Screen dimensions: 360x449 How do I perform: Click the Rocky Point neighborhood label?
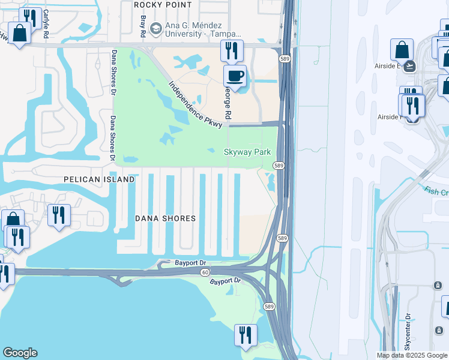(163, 5)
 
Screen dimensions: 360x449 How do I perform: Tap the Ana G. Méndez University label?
(200, 29)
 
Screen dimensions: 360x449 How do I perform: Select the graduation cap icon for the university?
(156, 28)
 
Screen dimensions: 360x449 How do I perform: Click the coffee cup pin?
(235, 76)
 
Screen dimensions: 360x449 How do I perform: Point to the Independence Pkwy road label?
(196, 104)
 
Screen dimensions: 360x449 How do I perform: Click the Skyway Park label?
(247, 152)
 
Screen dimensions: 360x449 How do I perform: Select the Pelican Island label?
(100, 179)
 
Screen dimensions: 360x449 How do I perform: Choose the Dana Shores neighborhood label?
(165, 218)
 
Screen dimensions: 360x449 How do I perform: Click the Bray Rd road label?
(143, 24)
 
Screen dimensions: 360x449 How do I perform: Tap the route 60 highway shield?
(205, 272)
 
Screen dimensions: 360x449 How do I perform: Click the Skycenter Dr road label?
(408, 331)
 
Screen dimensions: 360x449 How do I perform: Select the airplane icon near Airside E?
(410, 66)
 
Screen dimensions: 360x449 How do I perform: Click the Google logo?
(20, 353)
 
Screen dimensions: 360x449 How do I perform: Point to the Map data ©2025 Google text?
(412, 355)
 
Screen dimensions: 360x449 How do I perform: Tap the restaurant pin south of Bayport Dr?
(245, 335)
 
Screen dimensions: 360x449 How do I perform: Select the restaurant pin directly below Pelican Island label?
(59, 215)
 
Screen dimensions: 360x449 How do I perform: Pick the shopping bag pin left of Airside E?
(402, 50)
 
